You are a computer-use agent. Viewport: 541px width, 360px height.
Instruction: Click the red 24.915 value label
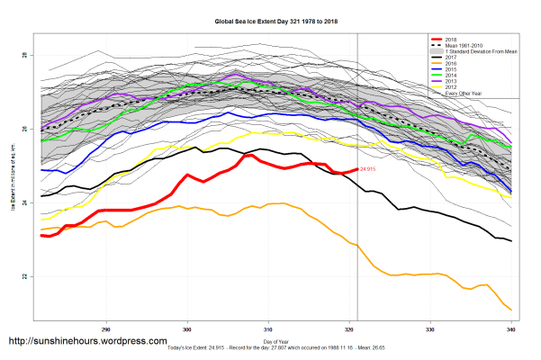tap(368, 169)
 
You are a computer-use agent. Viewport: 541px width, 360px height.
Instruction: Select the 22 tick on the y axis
tap(26, 277)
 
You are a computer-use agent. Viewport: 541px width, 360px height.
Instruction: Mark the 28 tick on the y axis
tap(26, 56)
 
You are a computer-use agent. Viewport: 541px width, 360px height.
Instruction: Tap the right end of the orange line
tap(511, 310)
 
